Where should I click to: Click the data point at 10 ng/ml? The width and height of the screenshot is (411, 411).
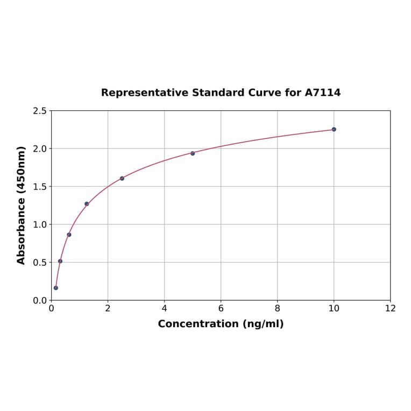click(x=334, y=129)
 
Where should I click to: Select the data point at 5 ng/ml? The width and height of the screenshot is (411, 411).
click(x=193, y=153)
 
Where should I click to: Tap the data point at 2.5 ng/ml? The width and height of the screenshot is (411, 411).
click(x=122, y=178)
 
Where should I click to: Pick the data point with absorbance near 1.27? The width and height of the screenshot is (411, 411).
click(x=87, y=204)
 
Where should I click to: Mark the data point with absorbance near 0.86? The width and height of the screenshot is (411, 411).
click(x=69, y=235)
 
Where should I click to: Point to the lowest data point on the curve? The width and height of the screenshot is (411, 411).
click(x=55, y=288)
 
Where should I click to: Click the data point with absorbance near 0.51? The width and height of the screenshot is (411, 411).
click(x=60, y=261)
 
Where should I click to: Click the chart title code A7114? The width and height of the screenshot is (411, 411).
click(x=323, y=93)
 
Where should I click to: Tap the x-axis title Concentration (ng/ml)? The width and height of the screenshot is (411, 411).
click(x=221, y=324)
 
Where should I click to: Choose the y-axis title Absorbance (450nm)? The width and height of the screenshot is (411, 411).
click(x=22, y=205)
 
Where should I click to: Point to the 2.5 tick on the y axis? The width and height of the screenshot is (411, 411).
click(x=40, y=111)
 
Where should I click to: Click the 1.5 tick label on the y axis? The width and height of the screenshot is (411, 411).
click(x=40, y=187)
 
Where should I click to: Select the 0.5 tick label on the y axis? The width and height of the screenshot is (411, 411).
click(x=40, y=263)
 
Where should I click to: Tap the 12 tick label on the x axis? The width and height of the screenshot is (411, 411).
click(x=390, y=308)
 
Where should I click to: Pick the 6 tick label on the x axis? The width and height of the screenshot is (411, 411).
click(x=221, y=308)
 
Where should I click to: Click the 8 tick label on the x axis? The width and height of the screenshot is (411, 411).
click(x=277, y=308)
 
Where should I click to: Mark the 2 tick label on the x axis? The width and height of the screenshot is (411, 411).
click(x=108, y=308)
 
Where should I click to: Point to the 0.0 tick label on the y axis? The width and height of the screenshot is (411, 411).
click(x=40, y=300)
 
